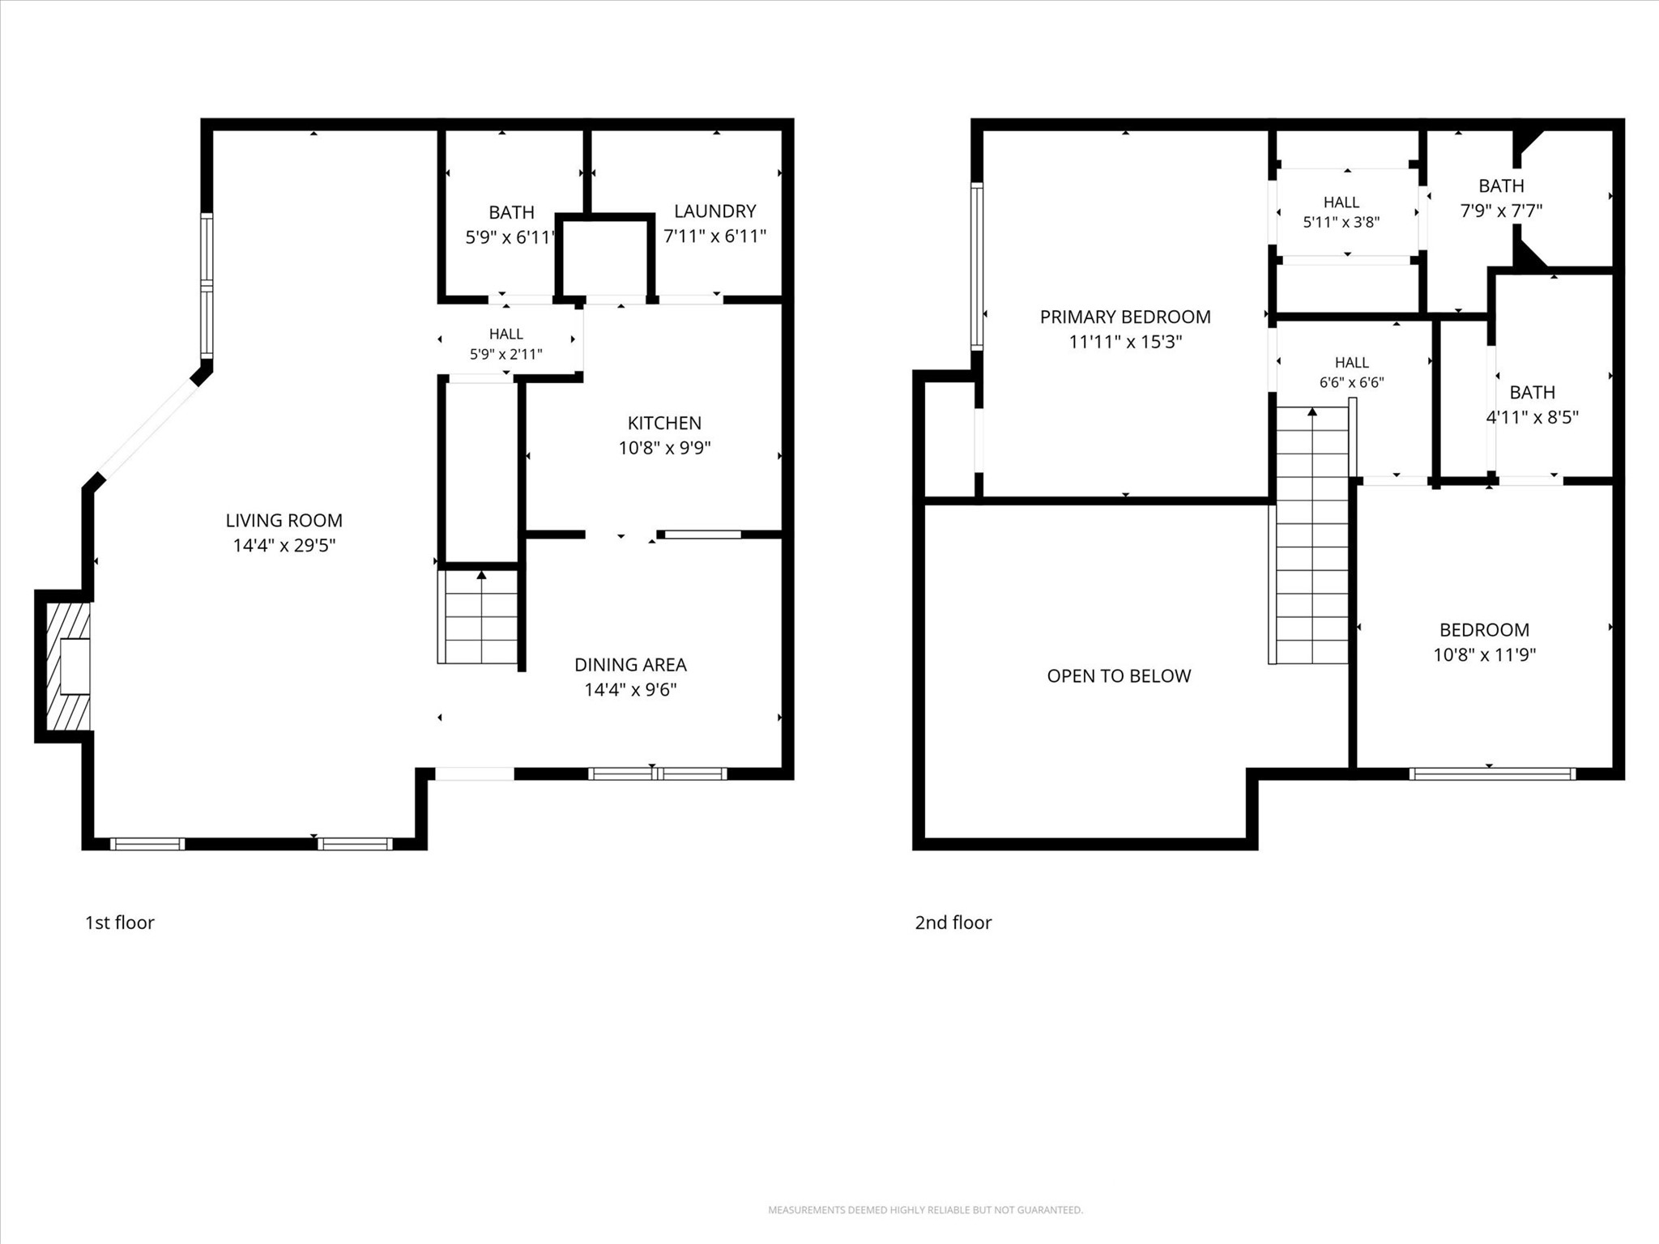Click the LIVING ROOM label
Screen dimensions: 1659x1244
284,520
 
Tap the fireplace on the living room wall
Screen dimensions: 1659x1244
67,666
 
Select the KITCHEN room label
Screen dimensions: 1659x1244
664,423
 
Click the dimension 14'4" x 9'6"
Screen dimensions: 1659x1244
630,690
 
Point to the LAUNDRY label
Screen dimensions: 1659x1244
714,211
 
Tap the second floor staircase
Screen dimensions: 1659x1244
1311,535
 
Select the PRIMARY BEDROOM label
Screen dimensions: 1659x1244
1125,317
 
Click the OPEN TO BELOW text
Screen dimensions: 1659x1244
1119,676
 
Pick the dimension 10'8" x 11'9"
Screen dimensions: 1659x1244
1484,655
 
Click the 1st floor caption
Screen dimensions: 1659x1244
120,922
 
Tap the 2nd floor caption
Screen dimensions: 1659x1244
953,922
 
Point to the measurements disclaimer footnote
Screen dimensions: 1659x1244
925,1210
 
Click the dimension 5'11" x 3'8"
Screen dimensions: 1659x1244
1341,222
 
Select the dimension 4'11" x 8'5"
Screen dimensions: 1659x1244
1532,418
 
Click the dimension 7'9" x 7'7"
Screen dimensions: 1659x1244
1501,211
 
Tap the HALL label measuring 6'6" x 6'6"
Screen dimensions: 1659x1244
1352,363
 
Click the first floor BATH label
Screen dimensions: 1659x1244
511,212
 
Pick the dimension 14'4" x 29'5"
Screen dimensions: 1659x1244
284,546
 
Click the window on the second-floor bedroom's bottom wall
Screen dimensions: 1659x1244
1492,774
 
